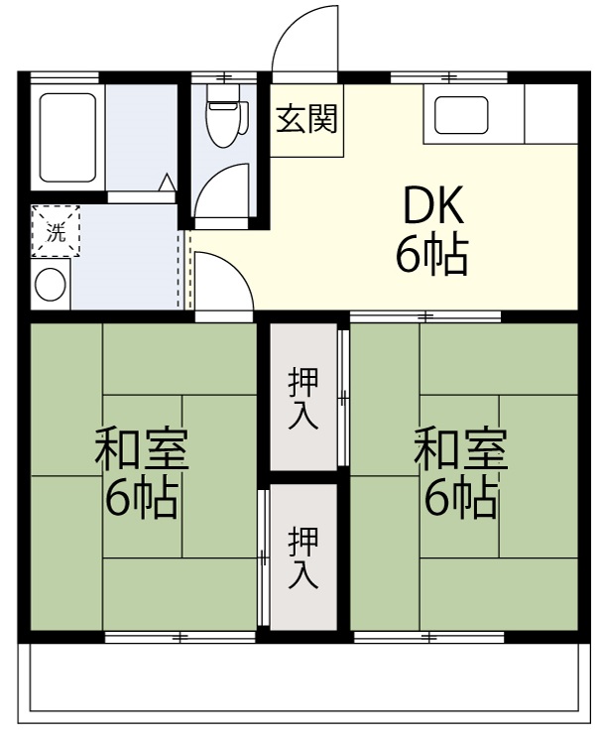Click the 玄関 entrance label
tap(306, 119)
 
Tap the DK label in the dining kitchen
tap(432, 206)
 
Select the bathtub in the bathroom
tap(67, 138)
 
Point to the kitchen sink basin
tap(461, 115)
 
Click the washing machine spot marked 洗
tap(56, 231)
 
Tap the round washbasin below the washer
tap(51, 285)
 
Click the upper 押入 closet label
tap(303, 399)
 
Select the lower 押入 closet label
tap(303, 558)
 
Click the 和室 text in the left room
tap(142, 449)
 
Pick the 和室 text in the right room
tap(461, 449)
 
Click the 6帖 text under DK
tap(432, 256)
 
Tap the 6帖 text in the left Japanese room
tap(142, 499)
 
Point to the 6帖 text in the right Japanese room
tap(461, 499)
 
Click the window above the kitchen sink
tap(449, 76)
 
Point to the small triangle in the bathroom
tap(167, 183)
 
